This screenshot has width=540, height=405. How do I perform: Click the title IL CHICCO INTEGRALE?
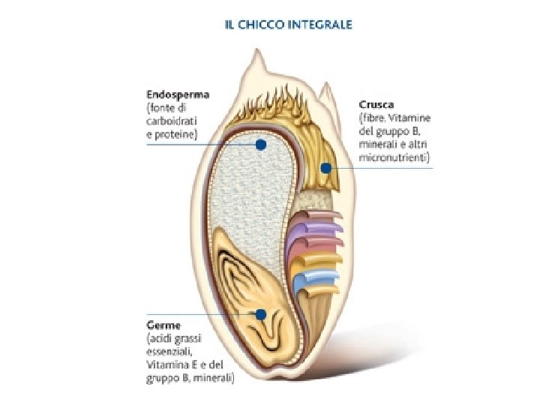(289, 24)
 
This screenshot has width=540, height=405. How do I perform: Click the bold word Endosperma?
(178, 95)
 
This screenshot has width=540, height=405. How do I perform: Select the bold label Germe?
(163, 325)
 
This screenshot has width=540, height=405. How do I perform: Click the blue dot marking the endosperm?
(260, 144)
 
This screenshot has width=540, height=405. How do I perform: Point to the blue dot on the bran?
(326, 168)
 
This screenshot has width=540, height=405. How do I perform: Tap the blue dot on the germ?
(260, 314)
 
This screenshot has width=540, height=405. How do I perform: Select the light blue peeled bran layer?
(313, 283)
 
